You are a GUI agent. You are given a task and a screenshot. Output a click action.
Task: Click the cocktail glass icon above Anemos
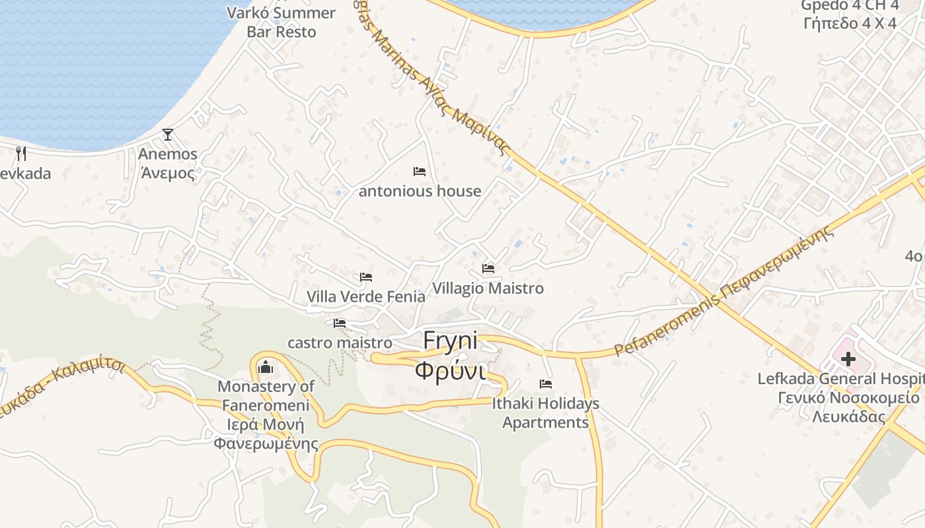coord(168,135)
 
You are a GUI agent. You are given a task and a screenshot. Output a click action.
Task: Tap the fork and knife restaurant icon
coord(21,154)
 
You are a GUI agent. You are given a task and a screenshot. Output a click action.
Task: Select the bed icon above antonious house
coord(420,172)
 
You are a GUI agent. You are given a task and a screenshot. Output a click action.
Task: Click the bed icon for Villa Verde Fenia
coord(366,277)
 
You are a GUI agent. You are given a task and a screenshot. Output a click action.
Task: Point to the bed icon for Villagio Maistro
coord(488,269)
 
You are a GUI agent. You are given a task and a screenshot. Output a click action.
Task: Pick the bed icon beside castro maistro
coord(340,323)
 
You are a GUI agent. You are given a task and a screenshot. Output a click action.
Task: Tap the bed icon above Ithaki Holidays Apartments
coord(546,383)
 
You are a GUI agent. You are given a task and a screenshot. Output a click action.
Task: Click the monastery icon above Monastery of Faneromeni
coord(266,366)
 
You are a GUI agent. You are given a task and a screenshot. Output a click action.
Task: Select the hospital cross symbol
coord(848,360)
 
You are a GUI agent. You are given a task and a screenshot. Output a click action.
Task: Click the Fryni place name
coord(450,341)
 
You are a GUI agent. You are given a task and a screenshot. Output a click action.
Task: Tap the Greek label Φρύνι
coord(450,370)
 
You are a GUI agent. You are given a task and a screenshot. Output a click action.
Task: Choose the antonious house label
coord(420,191)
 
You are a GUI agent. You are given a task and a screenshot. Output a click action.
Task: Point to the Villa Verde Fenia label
coord(366,297)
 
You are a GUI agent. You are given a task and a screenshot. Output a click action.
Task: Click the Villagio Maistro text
coord(488,288)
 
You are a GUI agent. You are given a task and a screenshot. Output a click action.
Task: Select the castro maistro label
coord(340,343)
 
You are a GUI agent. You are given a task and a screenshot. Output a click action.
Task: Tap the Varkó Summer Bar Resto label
coord(281,22)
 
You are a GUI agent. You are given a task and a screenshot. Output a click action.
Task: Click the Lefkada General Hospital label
coord(840,379)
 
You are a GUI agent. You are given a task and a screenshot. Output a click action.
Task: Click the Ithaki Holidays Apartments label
coord(546,412)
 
